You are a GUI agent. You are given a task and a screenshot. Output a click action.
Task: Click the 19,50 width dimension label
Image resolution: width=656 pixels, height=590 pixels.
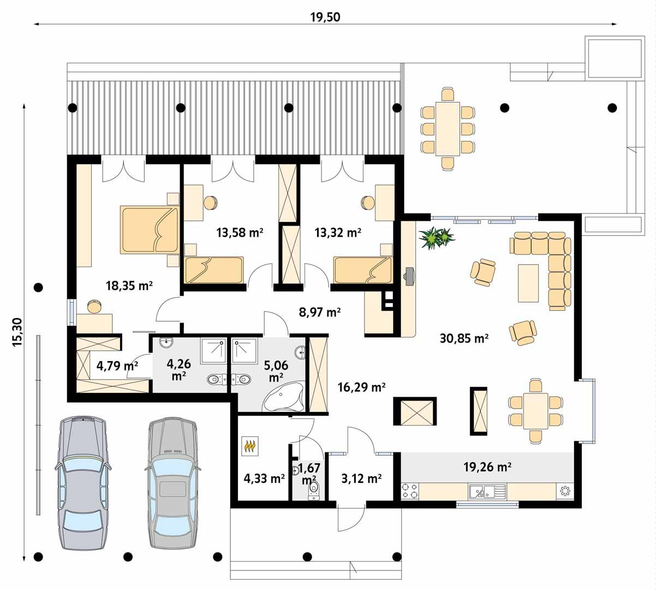(x=325, y=17)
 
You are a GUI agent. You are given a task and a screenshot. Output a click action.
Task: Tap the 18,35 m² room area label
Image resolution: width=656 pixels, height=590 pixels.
(x=128, y=285)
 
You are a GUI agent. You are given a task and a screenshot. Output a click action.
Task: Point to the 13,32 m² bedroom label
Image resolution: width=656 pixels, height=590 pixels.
(x=338, y=233)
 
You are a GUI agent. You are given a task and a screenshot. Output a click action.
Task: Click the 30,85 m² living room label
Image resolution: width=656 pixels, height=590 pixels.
(x=464, y=338)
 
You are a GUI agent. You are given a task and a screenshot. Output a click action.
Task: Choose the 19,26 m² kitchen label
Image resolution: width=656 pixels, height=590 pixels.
(x=487, y=467)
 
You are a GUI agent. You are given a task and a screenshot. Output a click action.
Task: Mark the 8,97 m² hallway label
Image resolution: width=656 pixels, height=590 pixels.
(x=320, y=312)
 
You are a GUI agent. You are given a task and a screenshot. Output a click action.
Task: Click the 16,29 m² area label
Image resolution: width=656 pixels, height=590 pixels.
(x=362, y=387)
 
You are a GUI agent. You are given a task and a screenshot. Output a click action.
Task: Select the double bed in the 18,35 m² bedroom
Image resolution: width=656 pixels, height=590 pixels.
(x=148, y=230)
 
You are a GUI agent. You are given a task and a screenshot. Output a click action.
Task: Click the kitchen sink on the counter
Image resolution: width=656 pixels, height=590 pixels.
(x=481, y=492)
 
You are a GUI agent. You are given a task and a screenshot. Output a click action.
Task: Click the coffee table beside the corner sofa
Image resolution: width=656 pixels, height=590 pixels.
(x=528, y=282)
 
